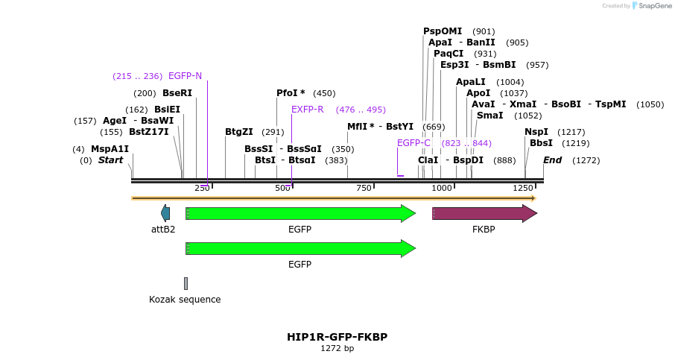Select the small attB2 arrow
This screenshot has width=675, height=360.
[x=165, y=214]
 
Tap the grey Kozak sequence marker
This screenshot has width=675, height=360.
[x=186, y=283]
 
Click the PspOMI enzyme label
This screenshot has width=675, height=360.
[x=443, y=31]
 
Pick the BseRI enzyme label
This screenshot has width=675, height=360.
[x=177, y=93]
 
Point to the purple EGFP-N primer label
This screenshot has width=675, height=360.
[x=185, y=76]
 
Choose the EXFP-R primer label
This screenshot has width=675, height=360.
[x=307, y=110]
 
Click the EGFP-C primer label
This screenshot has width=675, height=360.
[x=413, y=143]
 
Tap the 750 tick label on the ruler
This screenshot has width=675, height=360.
[x=364, y=189]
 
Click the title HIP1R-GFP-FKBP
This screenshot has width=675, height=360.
[x=337, y=337]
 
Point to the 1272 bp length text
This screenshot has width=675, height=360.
[x=337, y=348]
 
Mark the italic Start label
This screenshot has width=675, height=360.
[x=110, y=160]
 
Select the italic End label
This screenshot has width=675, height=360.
[x=552, y=160]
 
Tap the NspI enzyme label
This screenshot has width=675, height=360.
[x=536, y=132]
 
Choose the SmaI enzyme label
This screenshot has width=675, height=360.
[x=489, y=116]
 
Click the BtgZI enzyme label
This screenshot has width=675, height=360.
[x=239, y=132]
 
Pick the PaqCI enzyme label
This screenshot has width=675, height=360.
[x=449, y=54]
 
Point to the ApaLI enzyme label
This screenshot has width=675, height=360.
[x=471, y=82]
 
